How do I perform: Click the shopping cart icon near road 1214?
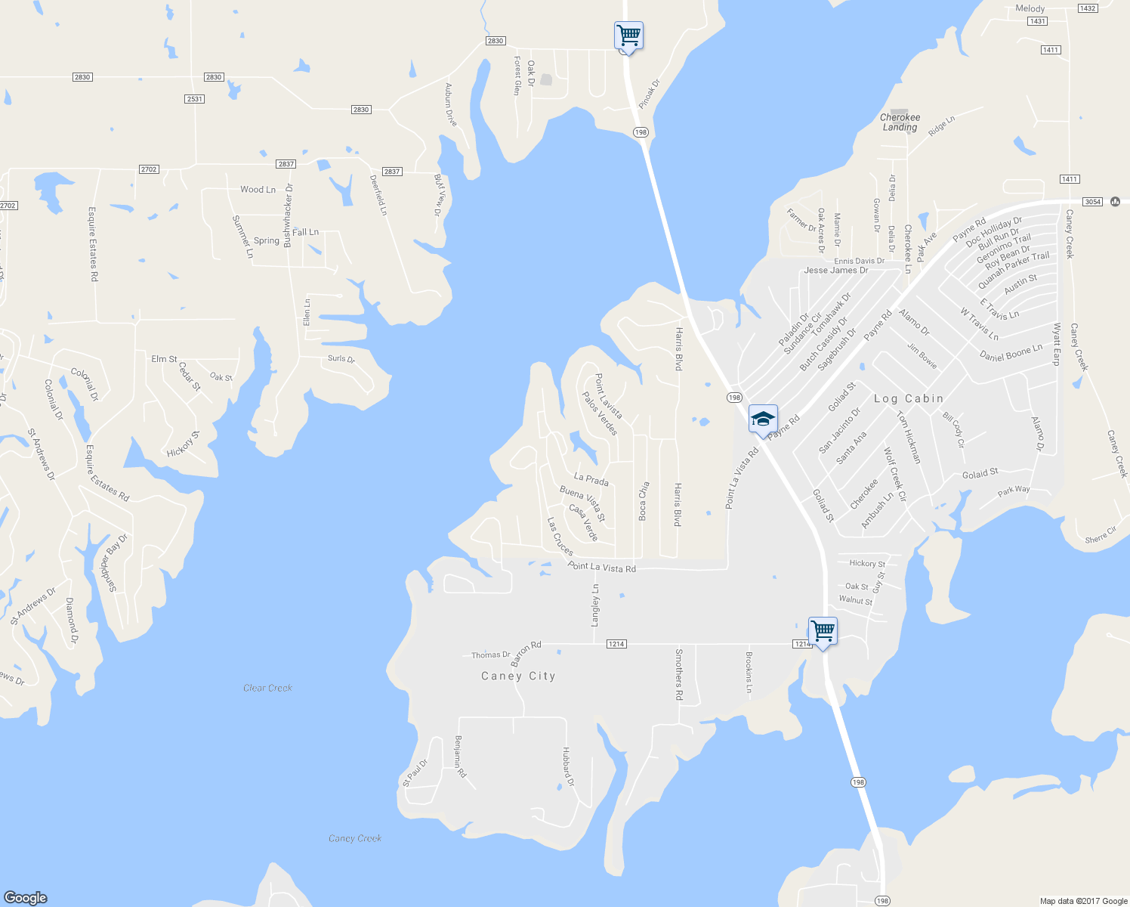pyautogui.click(x=823, y=630)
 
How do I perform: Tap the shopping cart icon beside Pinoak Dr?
pyautogui.click(x=628, y=35)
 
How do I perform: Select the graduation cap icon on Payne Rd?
pyautogui.click(x=763, y=419)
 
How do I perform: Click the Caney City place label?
pyautogui.click(x=518, y=676)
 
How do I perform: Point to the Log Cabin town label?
pyautogui.click(x=909, y=398)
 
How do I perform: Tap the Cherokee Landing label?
pyautogui.click(x=900, y=122)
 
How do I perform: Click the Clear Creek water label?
pyautogui.click(x=267, y=688)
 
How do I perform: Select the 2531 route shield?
pyautogui.click(x=195, y=99)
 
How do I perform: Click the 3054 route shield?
pyautogui.click(x=1092, y=202)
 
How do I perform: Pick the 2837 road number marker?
pyautogui.click(x=286, y=164)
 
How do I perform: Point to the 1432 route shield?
pyautogui.click(x=1087, y=8)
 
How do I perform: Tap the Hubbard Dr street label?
pyautogui.click(x=567, y=767)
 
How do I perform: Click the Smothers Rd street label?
pyautogui.click(x=679, y=674)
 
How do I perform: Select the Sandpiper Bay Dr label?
pyautogui.click(x=114, y=563)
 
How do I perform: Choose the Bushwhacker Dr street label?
pyautogui.click(x=288, y=215)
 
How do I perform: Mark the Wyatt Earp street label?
pyautogui.click(x=1057, y=344)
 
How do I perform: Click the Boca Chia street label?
pyautogui.click(x=644, y=500)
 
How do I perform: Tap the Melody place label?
pyautogui.click(x=1030, y=9)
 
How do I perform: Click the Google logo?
pyautogui.click(x=26, y=898)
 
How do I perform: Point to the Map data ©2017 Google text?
pyautogui.click(x=1083, y=901)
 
